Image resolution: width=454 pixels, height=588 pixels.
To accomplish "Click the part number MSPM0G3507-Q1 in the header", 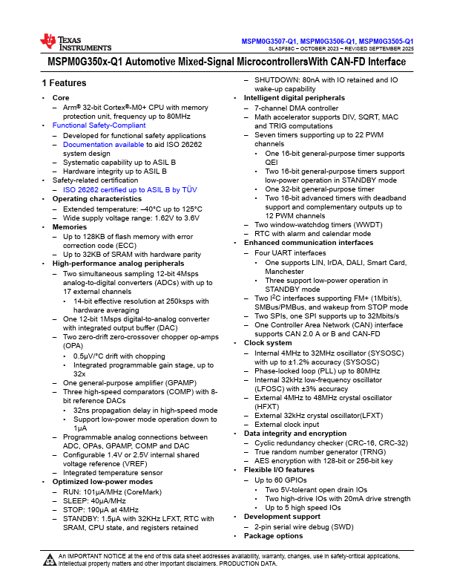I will click(x=269, y=41).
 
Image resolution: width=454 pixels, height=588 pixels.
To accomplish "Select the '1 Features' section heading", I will click(x=64, y=82).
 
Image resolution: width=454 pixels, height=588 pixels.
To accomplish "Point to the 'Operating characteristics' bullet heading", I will click(x=94, y=200).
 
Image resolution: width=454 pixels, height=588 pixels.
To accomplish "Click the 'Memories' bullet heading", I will click(x=69, y=227).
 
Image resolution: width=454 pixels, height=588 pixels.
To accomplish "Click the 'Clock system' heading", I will click(x=268, y=343).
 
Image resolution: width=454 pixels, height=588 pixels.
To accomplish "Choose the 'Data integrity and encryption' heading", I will click(x=293, y=433).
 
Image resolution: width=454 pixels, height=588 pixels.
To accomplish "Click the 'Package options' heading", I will click(x=273, y=535).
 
